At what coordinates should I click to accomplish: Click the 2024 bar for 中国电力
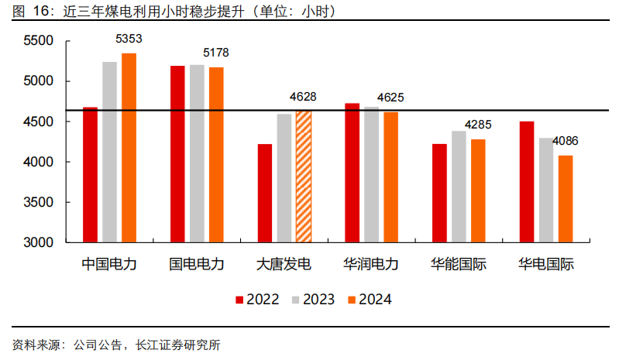point(129,147)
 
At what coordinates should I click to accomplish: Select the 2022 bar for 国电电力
point(177,154)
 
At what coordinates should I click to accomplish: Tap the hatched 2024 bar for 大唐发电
point(304,177)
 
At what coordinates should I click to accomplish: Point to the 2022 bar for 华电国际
point(527,182)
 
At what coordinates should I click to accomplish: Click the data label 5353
point(129,38)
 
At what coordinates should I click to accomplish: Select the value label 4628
point(303,97)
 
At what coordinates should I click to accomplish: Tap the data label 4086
point(565,141)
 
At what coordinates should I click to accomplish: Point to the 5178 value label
point(216,53)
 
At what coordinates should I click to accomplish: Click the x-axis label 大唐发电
point(284,264)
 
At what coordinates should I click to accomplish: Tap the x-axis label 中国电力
point(109,264)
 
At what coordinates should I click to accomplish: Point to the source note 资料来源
point(116,345)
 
